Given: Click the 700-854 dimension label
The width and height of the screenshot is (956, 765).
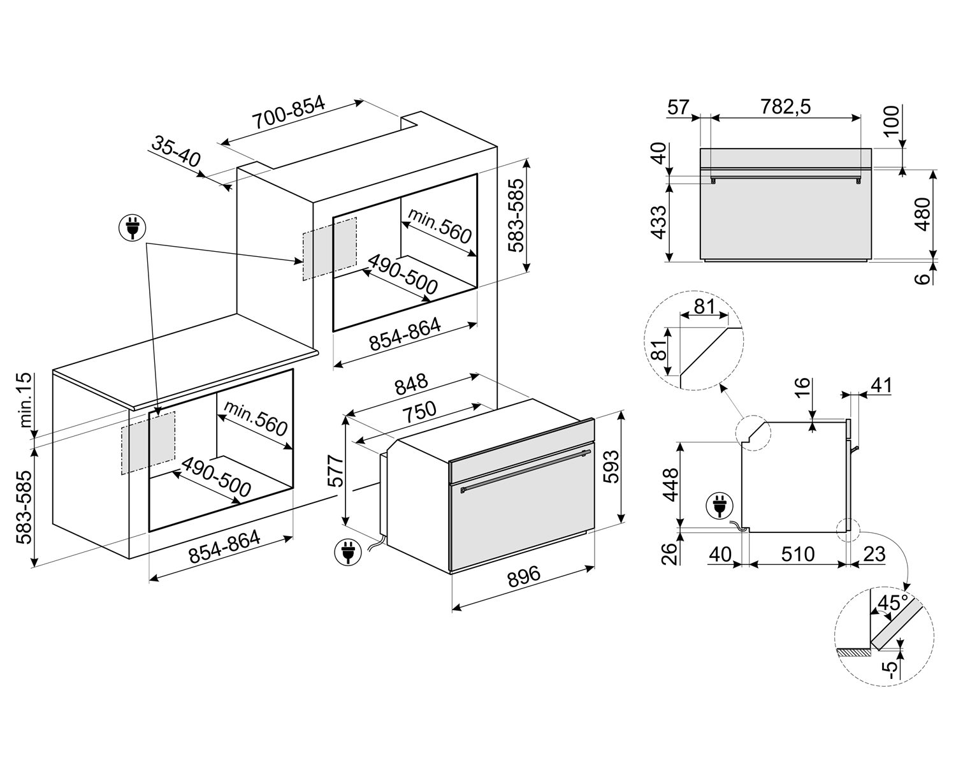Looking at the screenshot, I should click(x=288, y=114).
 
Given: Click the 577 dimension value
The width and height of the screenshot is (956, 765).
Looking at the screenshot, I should click(x=335, y=471).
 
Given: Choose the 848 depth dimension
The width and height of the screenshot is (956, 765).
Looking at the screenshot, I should click(x=411, y=386).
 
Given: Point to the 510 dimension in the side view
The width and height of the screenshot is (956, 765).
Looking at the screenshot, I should click(x=798, y=554).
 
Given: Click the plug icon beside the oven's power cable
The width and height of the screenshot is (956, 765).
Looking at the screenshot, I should click(x=347, y=552).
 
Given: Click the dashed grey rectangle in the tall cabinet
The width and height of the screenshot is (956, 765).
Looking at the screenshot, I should click(x=330, y=249).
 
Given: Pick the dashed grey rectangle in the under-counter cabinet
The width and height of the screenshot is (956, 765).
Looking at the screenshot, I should click(x=148, y=442).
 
